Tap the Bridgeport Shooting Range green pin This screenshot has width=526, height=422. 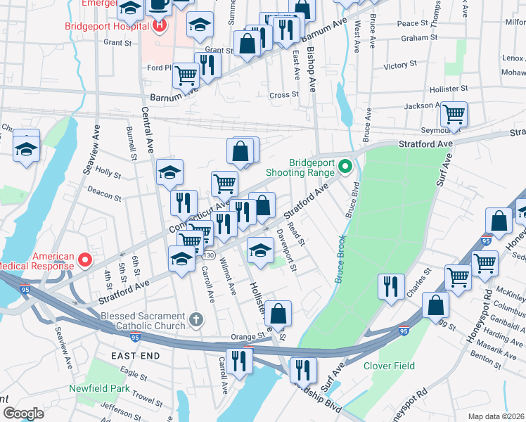(x=345, y=167)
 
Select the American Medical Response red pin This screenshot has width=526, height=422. (x=84, y=261)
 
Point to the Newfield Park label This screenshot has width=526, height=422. (x=99, y=388)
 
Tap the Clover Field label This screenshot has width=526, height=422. (x=389, y=366)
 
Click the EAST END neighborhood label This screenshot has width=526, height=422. (x=136, y=356)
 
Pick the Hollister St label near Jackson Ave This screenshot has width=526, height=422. (x=450, y=89)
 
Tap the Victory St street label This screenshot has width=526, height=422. (x=400, y=65)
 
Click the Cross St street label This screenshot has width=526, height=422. (x=284, y=95)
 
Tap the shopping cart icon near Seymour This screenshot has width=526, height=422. (x=454, y=113)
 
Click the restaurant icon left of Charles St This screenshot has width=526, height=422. (x=390, y=286)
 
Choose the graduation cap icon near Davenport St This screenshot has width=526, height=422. (x=260, y=249)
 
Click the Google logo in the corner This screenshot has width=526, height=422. (x=23, y=414)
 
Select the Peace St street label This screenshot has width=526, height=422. (x=408, y=23)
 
